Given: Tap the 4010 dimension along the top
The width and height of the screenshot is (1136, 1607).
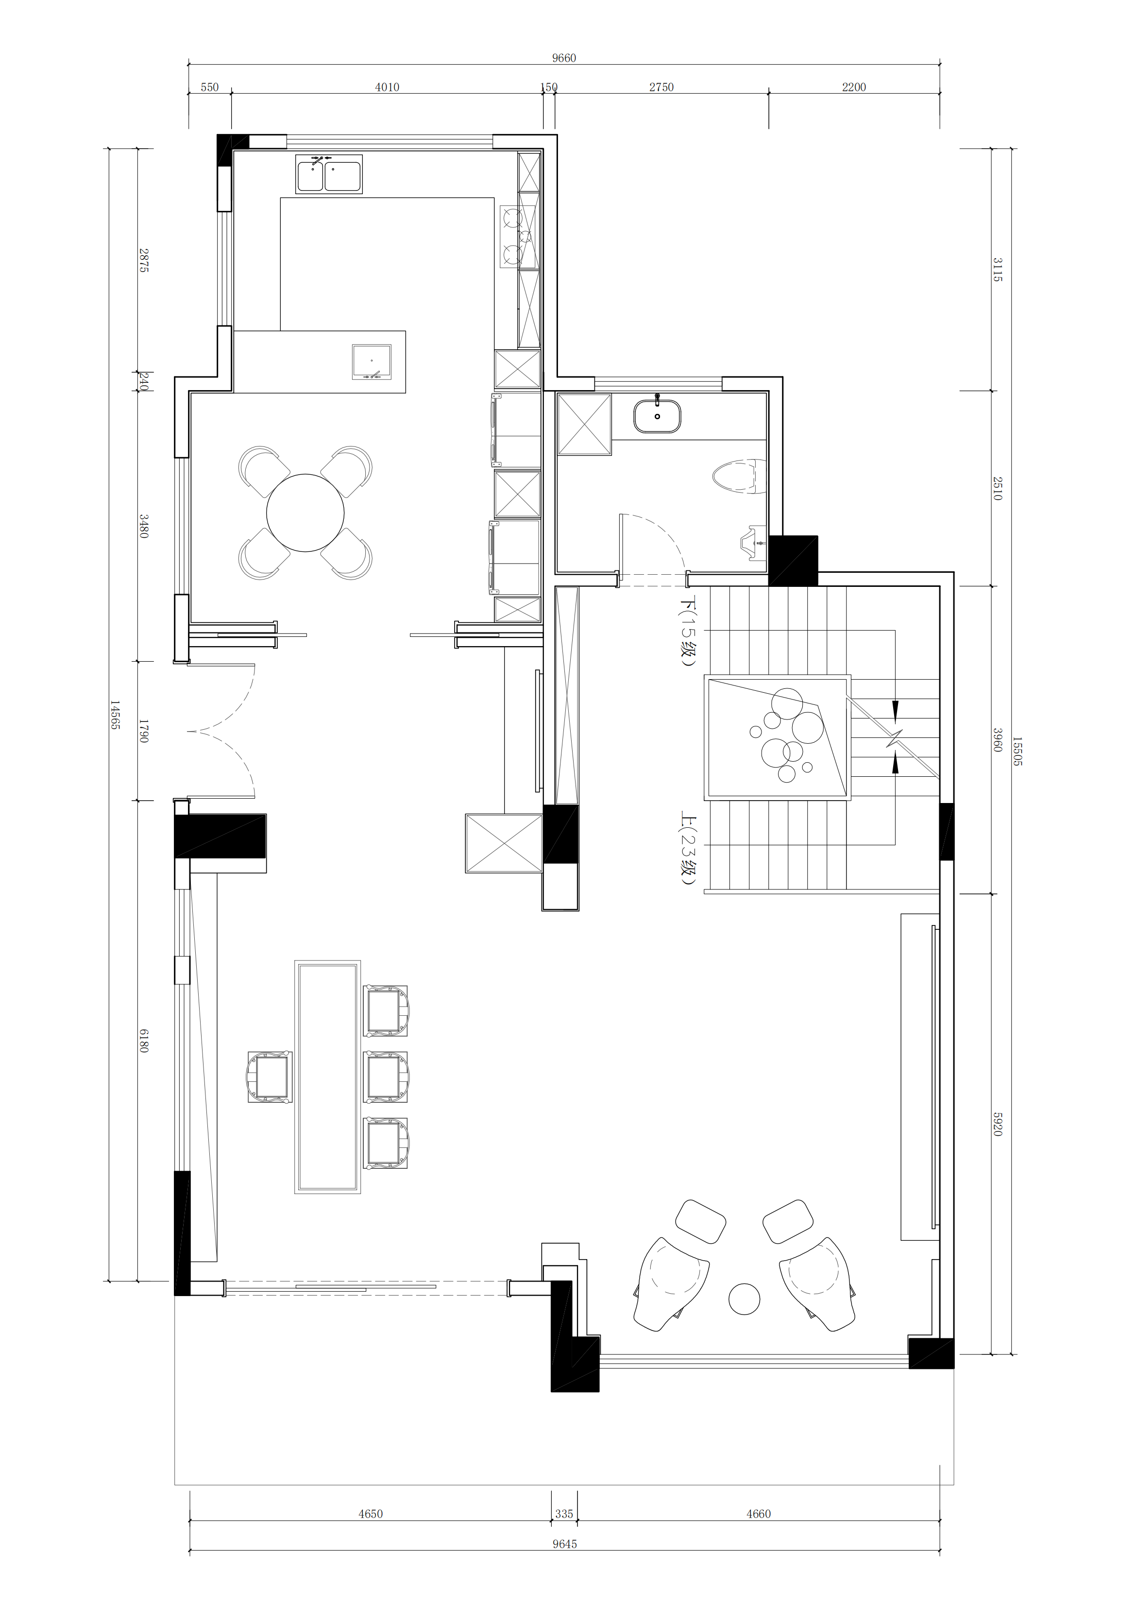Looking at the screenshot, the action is click(x=387, y=87).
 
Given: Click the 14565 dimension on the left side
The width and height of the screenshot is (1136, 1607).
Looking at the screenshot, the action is click(x=115, y=715).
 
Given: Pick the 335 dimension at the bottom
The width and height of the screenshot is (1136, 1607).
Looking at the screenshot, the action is click(x=564, y=1514).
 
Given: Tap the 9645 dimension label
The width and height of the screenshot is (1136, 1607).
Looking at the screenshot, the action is click(x=564, y=1544).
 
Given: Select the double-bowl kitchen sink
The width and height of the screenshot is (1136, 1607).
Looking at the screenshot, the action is click(x=329, y=174).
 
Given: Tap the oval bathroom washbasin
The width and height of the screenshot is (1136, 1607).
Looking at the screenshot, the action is click(x=657, y=416).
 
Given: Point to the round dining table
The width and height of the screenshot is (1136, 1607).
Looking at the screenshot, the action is click(x=305, y=513).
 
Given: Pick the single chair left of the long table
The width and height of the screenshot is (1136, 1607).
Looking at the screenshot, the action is click(x=270, y=1077).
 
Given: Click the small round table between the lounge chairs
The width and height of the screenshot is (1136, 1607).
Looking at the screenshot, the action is click(x=744, y=1299).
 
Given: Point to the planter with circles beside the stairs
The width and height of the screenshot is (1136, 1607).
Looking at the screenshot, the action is click(x=779, y=736).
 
